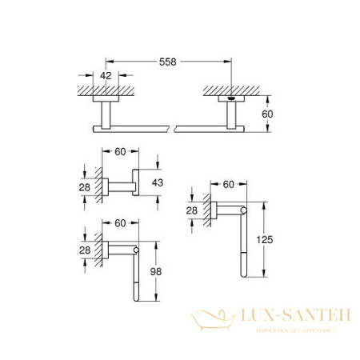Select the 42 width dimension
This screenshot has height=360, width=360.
tap(105, 76)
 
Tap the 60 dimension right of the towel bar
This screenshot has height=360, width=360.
tap(270, 114)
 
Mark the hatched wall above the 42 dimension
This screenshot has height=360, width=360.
tap(105, 90)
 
